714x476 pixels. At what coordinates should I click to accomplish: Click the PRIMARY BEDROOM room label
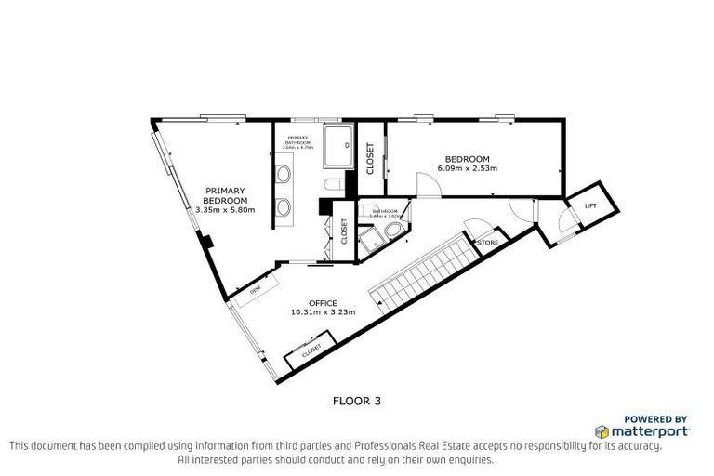tap(225, 196)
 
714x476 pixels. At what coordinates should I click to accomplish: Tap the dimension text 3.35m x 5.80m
tap(225, 210)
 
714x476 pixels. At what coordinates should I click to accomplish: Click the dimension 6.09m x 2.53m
tap(468, 168)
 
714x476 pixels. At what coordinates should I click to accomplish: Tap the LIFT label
tap(589, 205)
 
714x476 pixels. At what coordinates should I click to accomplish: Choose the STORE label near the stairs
tap(488, 243)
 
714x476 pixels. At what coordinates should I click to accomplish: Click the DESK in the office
tap(257, 289)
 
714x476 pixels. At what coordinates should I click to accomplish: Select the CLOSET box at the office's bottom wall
tap(310, 349)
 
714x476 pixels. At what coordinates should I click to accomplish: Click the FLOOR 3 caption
tap(357, 402)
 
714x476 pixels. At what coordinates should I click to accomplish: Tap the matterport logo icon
tap(602, 431)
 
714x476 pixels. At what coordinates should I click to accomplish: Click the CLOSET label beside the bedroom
tap(370, 159)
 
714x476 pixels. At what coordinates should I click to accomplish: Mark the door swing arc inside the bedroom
tap(429, 185)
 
